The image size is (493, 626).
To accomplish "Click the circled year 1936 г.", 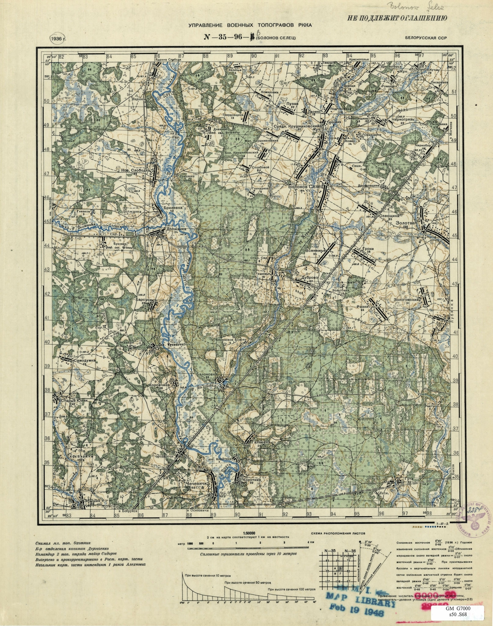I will coord(57,39).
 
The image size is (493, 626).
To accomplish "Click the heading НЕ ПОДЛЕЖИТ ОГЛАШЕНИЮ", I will coord(397,18).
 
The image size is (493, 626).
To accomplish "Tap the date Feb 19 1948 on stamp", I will coord(357,614).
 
